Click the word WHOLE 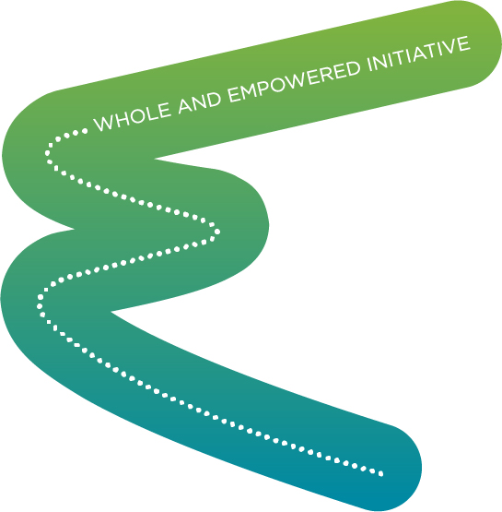pos(132,116)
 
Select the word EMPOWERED pos(294,78)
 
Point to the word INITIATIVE pos(419,53)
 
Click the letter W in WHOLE pos(104,123)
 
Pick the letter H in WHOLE pos(123,119)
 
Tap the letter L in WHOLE pos(152,112)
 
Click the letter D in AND pos(214,99)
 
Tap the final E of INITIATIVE pos(464,43)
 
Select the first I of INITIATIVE pos(369,65)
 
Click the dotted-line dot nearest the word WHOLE pos(85,131)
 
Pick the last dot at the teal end pos(380,474)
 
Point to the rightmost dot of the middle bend pos(217,232)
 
